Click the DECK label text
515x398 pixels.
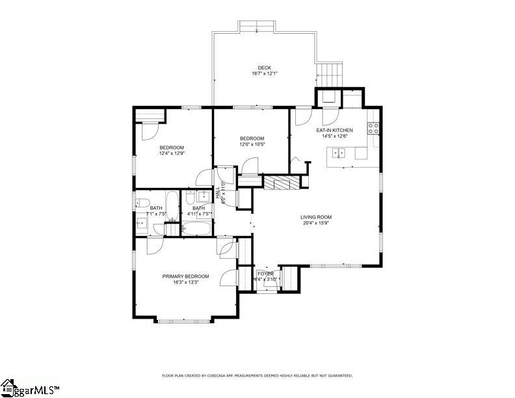(264, 68)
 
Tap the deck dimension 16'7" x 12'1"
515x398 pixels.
(264, 73)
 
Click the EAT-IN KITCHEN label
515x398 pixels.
(334, 130)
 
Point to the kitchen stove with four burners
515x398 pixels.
(374, 128)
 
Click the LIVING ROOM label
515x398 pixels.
(316, 217)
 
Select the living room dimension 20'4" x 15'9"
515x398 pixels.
(316, 224)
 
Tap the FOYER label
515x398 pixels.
(265, 274)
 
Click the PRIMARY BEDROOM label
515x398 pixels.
(185, 276)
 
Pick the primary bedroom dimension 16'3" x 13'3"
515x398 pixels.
(185, 283)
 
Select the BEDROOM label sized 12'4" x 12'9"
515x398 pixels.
(172, 147)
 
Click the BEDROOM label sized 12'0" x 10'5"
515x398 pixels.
(252, 138)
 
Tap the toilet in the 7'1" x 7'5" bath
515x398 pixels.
(142, 202)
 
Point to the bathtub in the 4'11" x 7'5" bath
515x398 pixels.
(197, 229)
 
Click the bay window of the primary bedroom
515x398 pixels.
(185, 320)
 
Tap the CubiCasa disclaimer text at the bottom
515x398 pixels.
(257, 375)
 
